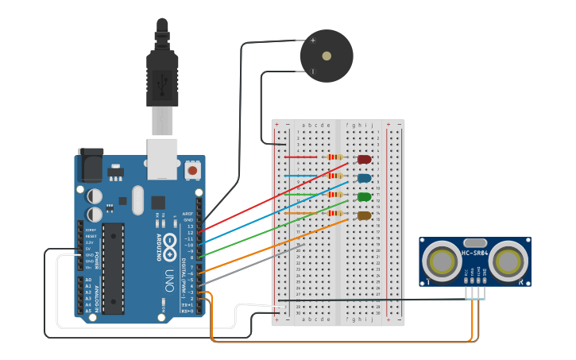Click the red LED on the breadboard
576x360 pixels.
pyautogui.click(x=365, y=159)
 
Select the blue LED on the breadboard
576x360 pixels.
pyautogui.click(x=365, y=178)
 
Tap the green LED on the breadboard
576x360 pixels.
pyautogui.click(x=365, y=196)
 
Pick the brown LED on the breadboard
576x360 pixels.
pyautogui.click(x=365, y=215)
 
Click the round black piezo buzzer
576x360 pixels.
pyautogui.click(x=326, y=56)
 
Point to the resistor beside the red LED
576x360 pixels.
pyautogui.click(x=335, y=157)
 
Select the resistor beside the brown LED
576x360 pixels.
pyautogui.click(x=335, y=213)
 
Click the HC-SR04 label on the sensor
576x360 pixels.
pyautogui.click(x=474, y=254)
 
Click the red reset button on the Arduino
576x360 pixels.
pyautogui.click(x=192, y=170)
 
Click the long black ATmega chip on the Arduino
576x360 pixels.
pyautogui.click(x=114, y=268)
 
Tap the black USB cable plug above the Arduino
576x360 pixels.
pyautogui.click(x=162, y=75)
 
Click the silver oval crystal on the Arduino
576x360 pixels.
pyautogui.click(x=138, y=200)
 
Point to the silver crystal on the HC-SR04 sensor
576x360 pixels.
pyautogui.click(x=474, y=242)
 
